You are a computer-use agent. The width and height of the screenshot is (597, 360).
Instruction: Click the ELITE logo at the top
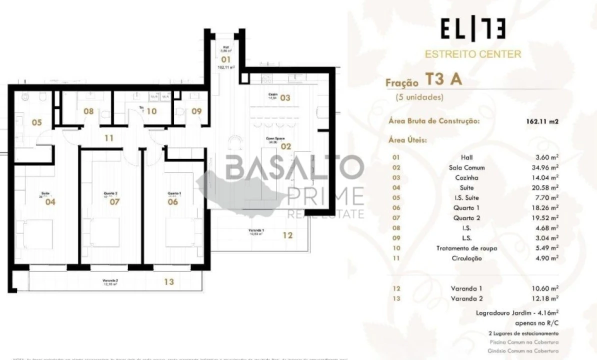[472, 29]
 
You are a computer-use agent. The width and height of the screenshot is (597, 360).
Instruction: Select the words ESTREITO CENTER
[472, 54]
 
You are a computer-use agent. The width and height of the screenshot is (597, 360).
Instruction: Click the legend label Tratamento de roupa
[466, 248]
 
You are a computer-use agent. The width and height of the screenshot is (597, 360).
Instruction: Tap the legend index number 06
[396, 208]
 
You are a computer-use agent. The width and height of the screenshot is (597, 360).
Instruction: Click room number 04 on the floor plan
[50, 202]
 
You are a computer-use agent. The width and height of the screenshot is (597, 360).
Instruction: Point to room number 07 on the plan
[114, 202]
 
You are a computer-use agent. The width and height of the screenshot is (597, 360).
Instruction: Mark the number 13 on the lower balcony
[169, 282]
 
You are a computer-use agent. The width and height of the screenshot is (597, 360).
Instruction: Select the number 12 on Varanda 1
[287, 235]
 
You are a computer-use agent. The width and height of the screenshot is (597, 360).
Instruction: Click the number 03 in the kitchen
[285, 98]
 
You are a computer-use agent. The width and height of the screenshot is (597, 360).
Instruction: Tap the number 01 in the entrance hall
[225, 59]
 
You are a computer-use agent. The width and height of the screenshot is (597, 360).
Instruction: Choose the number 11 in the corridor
[109, 138]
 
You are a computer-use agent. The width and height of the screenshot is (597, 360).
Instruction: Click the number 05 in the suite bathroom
[37, 122]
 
